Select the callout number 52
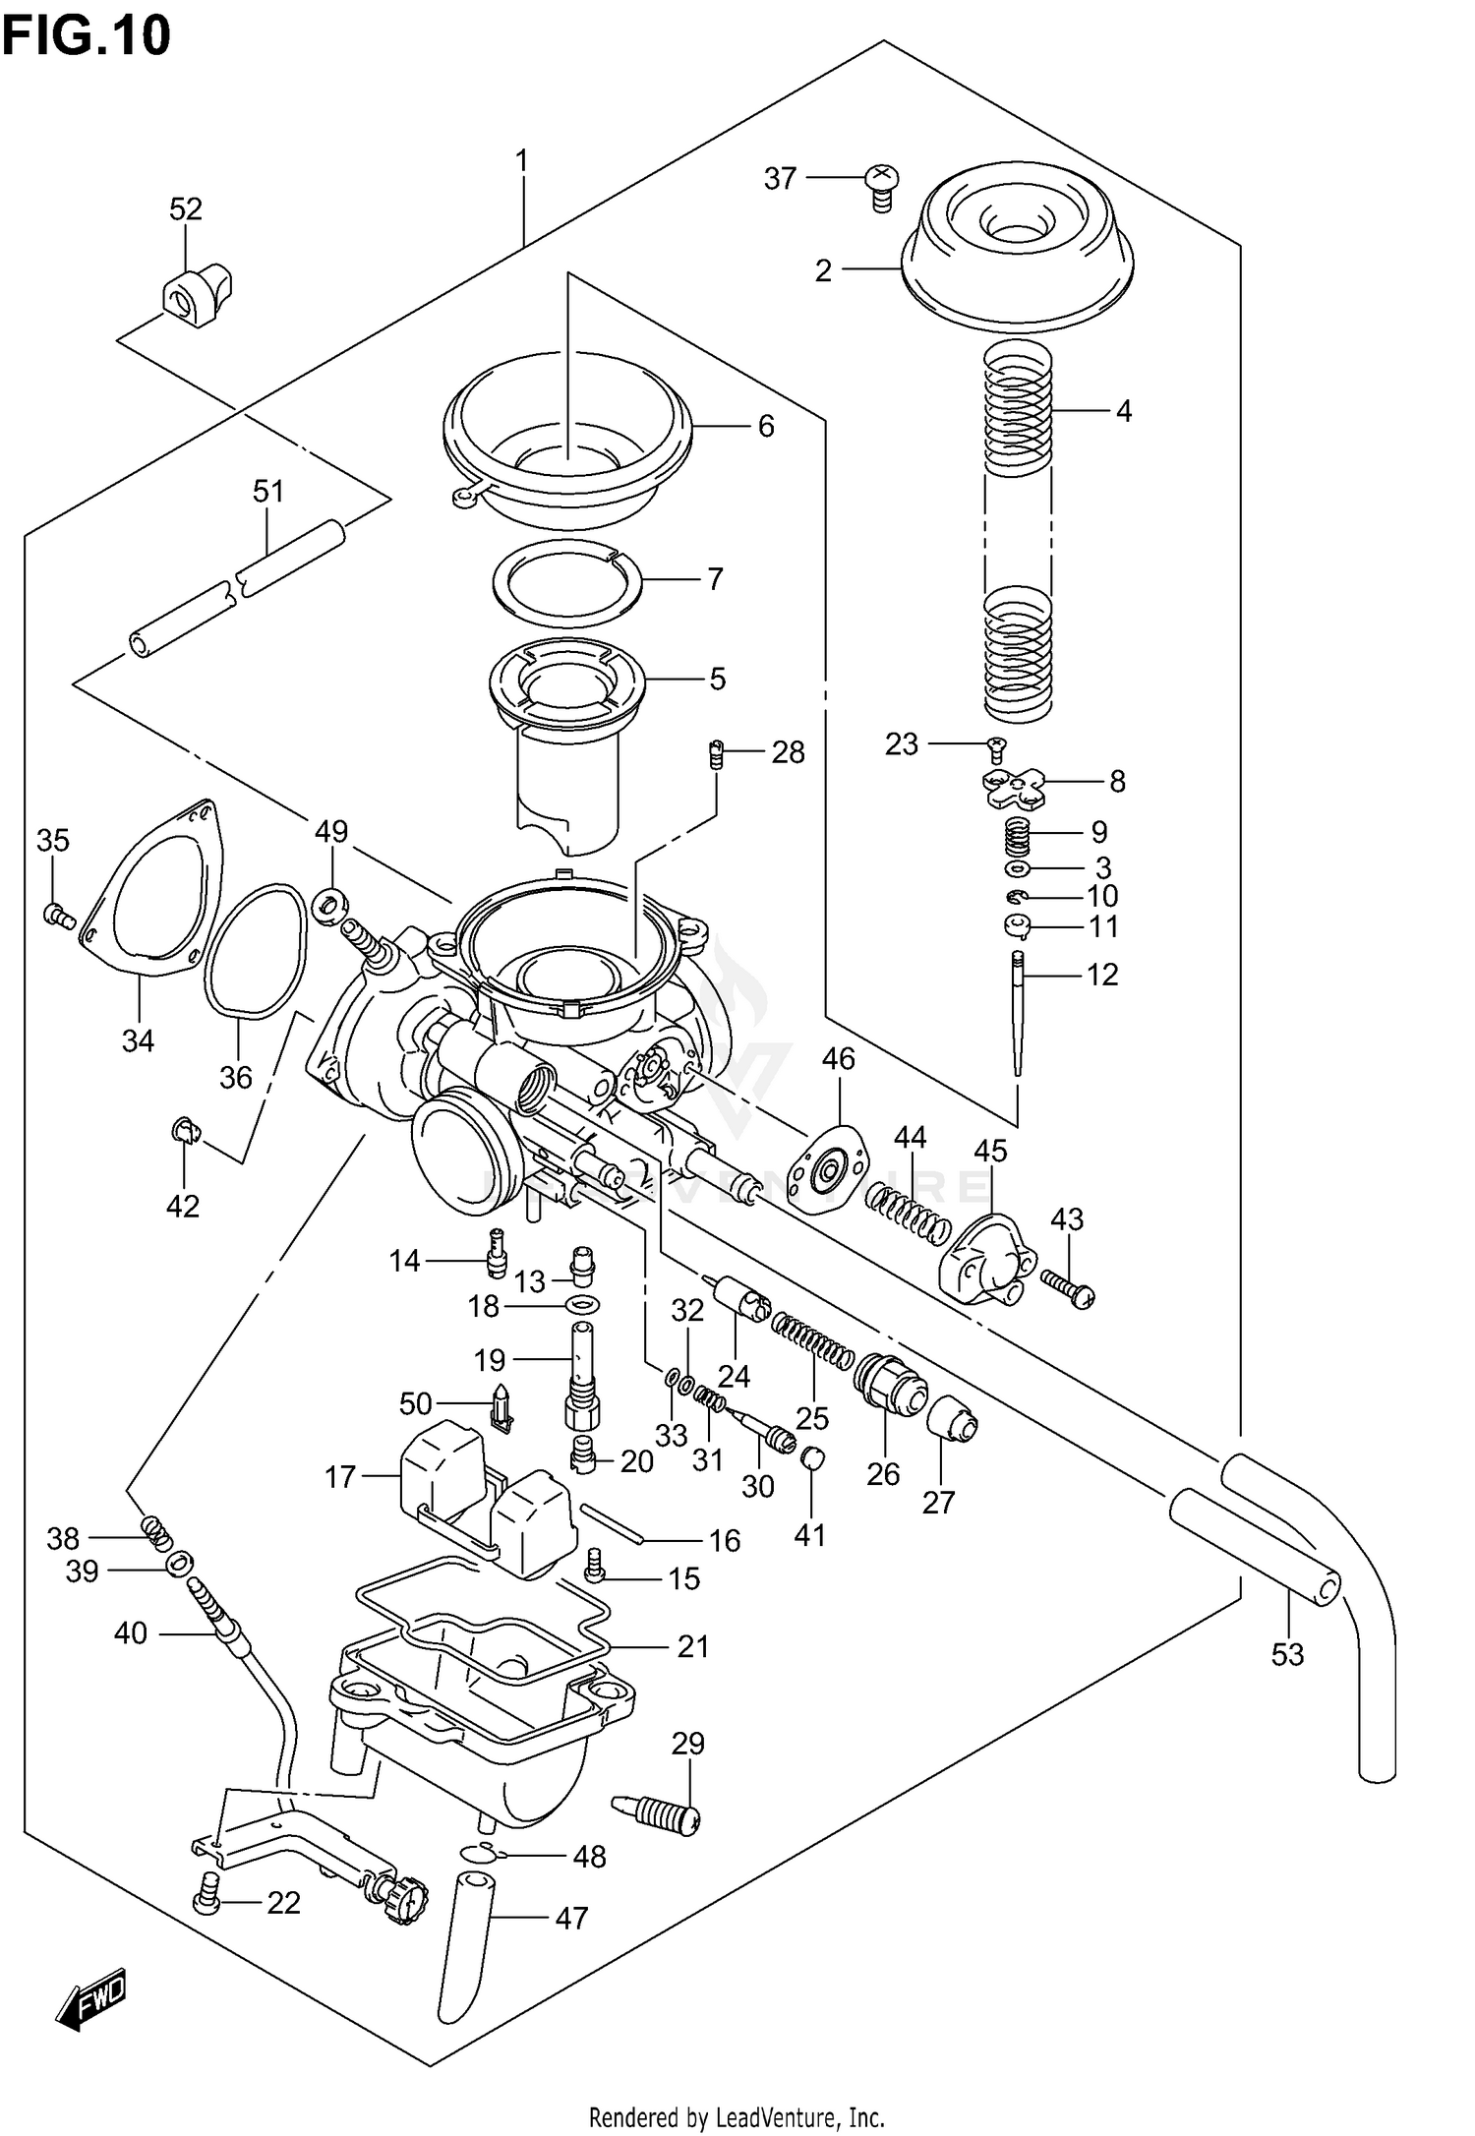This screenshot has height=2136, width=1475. click(x=185, y=208)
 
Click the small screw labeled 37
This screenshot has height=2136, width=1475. click(x=882, y=188)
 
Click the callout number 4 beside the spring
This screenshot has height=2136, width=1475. click(x=1123, y=411)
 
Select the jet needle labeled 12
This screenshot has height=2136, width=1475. click(x=1018, y=1013)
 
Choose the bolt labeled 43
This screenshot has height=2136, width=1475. click(x=1070, y=1287)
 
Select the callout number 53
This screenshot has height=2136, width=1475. click(x=1286, y=1654)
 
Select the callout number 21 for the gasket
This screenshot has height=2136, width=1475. click(x=693, y=1646)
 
